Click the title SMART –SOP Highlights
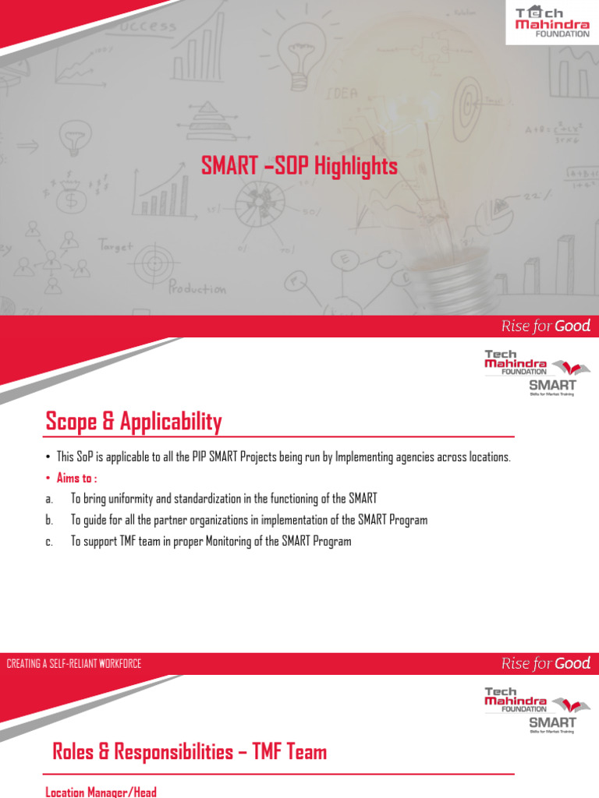pos(299,166)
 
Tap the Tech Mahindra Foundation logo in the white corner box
pos(552,22)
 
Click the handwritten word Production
pos(197,288)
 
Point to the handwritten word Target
pos(116,245)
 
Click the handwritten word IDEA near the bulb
pos(342,94)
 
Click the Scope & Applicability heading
pos(133,422)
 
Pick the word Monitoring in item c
pos(228,541)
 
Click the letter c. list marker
pos(49,541)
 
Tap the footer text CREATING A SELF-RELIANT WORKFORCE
pos(74,664)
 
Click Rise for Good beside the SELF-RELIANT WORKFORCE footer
pos(545,663)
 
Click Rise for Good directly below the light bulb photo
pos(545,326)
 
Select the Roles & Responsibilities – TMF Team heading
pos(190,752)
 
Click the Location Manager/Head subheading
pos(101,792)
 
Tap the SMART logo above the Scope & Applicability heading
pos(552,386)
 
